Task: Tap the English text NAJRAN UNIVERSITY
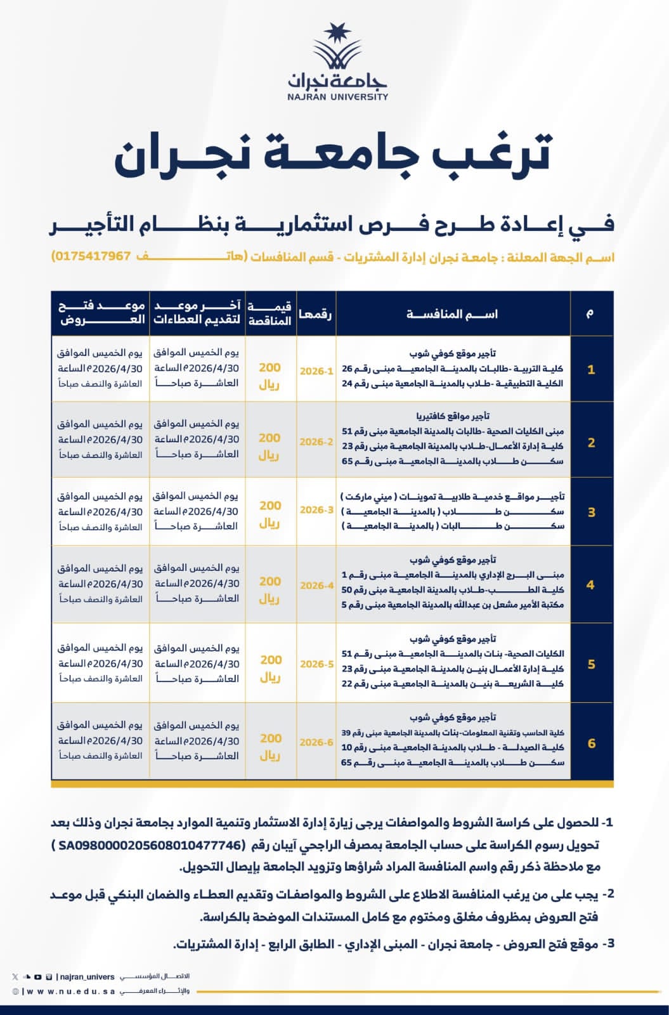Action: (x=337, y=97)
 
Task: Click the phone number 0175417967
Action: (x=92, y=256)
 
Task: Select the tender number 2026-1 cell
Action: (x=316, y=371)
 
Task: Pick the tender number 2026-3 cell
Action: (x=316, y=510)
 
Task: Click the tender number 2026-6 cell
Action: (x=316, y=742)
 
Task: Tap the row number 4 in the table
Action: (x=590, y=585)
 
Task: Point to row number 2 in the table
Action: (x=591, y=443)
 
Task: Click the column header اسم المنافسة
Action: (x=452, y=314)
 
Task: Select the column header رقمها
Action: (x=316, y=314)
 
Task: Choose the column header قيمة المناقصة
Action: (x=270, y=314)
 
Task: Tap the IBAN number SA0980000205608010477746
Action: (x=150, y=846)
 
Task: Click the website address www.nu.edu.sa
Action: (x=70, y=992)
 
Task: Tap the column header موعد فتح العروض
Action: (x=101, y=313)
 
